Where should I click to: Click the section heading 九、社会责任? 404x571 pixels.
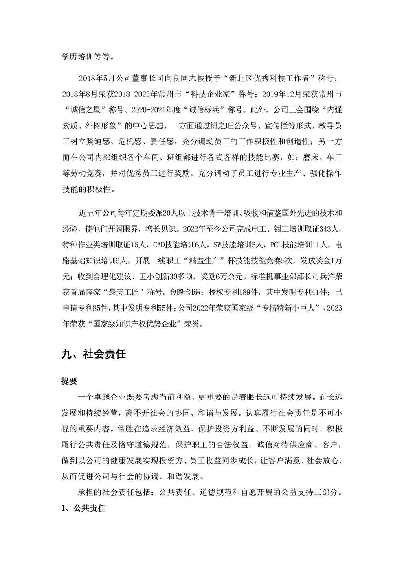click(94, 354)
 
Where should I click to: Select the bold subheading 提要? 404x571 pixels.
click(69, 381)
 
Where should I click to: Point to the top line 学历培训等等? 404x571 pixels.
click(85, 57)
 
